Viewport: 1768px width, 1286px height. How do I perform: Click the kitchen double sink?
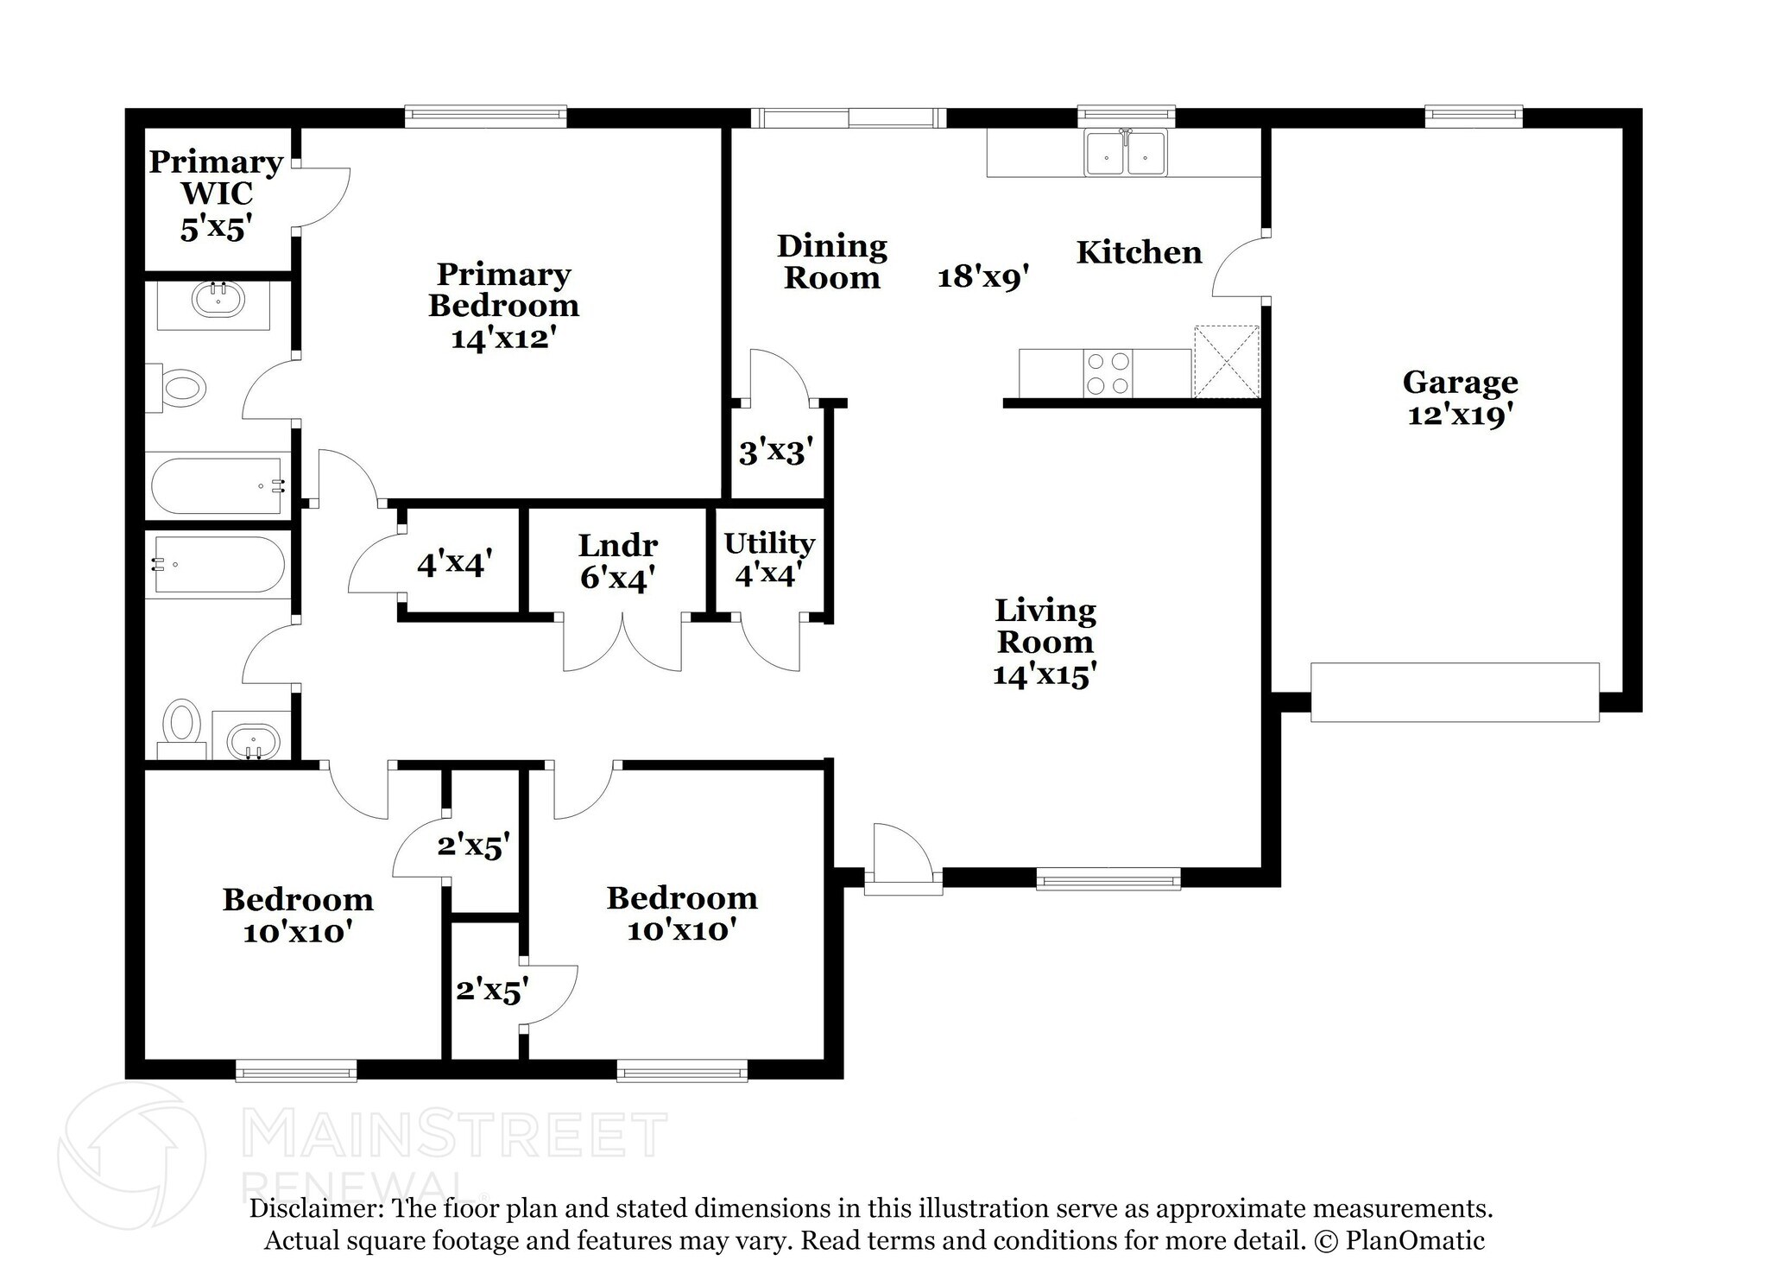pos(1126,154)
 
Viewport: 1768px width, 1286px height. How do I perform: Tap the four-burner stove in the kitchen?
pos(1108,374)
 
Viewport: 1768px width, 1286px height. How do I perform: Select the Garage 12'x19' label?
pos(1460,397)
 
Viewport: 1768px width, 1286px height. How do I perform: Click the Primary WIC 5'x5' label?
pos(216,194)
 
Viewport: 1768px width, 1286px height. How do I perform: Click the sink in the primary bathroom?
pos(218,301)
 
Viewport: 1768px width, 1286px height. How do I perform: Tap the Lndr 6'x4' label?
pos(616,561)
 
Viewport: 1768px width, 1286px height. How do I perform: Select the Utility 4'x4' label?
pos(768,558)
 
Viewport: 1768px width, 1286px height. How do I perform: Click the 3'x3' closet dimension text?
pos(775,451)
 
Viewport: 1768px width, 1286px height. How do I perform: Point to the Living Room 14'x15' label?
pos(1045,642)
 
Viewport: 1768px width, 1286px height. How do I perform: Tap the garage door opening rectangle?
pos(1455,692)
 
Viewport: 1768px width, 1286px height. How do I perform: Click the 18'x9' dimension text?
pos(983,276)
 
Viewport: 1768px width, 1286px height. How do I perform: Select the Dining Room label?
pos(831,262)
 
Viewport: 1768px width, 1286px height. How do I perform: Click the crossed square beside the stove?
pos(1226,361)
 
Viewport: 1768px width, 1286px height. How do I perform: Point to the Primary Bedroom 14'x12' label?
pos(503,305)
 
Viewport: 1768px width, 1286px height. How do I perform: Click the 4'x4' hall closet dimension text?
pos(454,564)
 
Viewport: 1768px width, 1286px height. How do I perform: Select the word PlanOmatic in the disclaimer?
pos(1415,1241)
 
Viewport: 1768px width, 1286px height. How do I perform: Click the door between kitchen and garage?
pos(1241,267)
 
